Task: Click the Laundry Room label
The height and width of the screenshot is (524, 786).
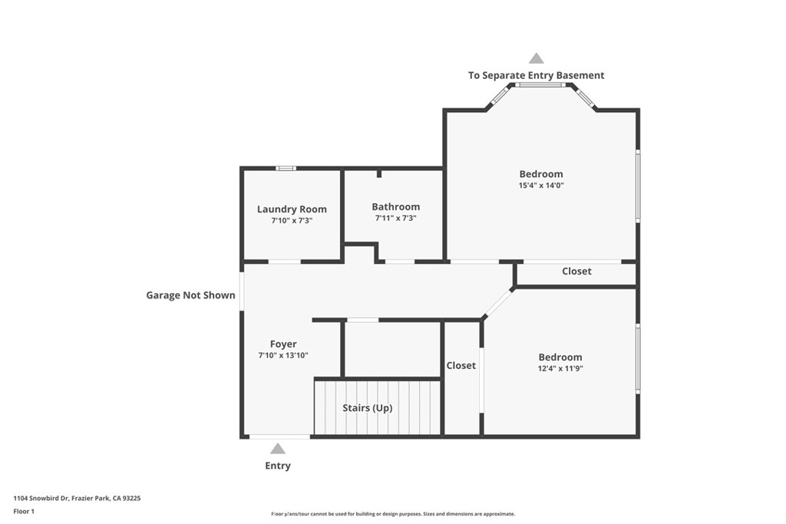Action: (x=292, y=209)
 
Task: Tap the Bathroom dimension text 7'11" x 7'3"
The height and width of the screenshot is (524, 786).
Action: (x=395, y=219)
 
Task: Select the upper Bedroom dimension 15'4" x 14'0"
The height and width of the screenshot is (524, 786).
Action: (x=541, y=186)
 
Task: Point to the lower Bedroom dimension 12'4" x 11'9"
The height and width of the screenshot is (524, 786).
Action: (x=560, y=368)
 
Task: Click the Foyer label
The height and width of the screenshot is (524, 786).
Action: (x=283, y=344)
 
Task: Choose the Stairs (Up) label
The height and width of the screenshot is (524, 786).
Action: (x=367, y=408)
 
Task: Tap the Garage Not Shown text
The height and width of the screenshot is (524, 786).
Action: (x=190, y=295)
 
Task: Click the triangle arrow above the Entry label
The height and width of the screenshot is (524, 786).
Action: (x=278, y=449)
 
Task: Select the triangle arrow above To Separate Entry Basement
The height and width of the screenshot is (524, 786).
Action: (x=537, y=58)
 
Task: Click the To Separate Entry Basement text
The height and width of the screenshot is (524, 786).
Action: (x=537, y=75)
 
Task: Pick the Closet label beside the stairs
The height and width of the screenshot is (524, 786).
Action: (x=461, y=366)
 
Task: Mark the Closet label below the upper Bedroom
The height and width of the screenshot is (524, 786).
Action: (x=576, y=271)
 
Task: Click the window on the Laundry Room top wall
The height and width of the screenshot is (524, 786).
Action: (x=286, y=168)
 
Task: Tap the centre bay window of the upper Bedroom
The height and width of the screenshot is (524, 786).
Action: (x=541, y=85)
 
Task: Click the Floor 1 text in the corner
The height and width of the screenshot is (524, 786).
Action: (x=25, y=511)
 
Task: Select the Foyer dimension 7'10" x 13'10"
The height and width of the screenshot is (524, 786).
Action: (x=283, y=356)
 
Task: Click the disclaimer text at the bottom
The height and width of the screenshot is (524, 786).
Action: (x=393, y=514)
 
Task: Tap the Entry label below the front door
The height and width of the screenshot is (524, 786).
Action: (x=278, y=466)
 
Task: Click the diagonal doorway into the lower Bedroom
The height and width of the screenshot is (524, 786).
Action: (x=498, y=303)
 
